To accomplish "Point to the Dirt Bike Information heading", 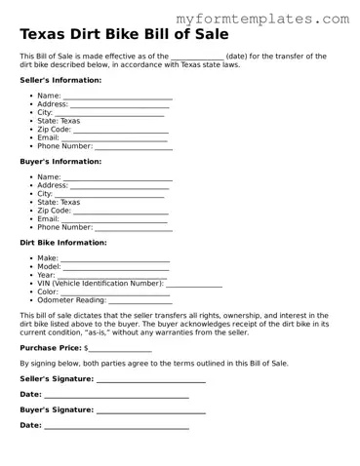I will click(63, 242).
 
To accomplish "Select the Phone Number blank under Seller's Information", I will click(134, 147).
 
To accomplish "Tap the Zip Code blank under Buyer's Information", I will click(121, 212).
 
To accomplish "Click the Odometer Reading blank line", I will click(139, 301).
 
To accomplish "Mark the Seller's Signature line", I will click(150, 379).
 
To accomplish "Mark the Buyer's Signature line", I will click(150, 410).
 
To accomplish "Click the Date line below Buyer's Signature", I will click(116, 427).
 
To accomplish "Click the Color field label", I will click(48, 292).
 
